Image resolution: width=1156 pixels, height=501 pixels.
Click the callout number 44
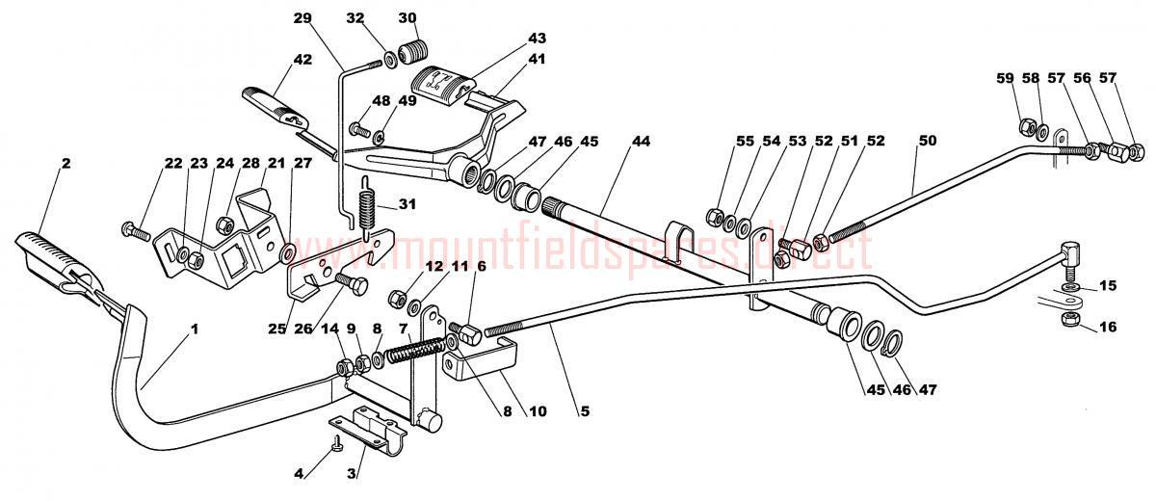click(x=641, y=141)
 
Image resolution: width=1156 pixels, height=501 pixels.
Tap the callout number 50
click(x=927, y=141)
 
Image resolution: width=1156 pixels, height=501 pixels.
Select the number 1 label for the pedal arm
click(x=194, y=329)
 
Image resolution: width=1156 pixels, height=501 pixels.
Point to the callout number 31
click(x=407, y=204)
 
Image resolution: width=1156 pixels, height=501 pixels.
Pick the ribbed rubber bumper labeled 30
click(x=414, y=52)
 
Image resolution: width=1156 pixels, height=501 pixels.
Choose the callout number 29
click(x=302, y=18)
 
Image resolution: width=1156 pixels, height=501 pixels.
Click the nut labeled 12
click(x=395, y=299)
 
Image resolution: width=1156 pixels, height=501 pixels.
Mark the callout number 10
click(x=537, y=411)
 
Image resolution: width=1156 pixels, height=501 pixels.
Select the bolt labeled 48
click(x=360, y=128)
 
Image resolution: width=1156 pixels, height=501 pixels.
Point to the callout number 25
click(x=277, y=329)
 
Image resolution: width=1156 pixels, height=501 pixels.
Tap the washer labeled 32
click(x=391, y=59)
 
